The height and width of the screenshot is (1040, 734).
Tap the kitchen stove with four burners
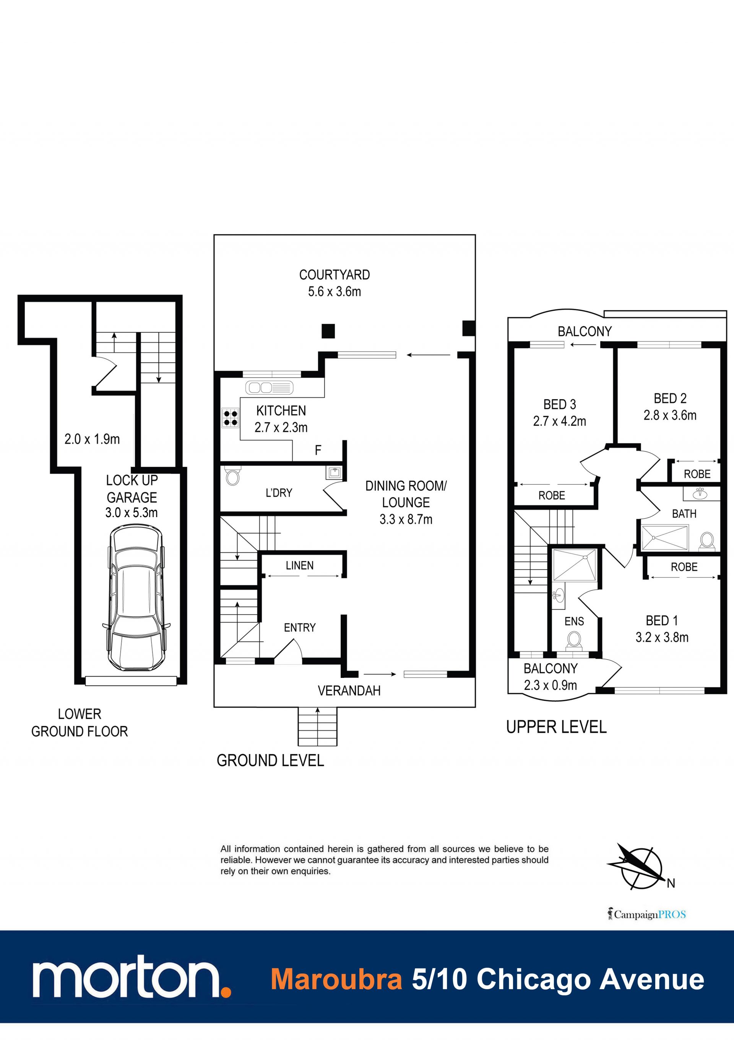click(x=231, y=418)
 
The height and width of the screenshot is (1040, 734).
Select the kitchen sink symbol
click(x=269, y=388)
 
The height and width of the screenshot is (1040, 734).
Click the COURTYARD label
click(x=335, y=275)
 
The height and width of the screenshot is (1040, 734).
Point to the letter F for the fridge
click(x=318, y=450)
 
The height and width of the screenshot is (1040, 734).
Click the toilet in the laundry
click(x=232, y=477)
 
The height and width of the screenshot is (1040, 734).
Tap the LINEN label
click(x=300, y=565)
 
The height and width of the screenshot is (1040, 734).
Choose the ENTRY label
click(x=300, y=627)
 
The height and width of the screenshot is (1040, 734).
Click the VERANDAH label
click(x=349, y=691)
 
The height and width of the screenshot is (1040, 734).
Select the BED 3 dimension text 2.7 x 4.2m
click(x=559, y=421)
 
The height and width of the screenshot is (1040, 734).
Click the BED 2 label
click(x=670, y=398)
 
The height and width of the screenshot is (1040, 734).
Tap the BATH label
click(x=684, y=514)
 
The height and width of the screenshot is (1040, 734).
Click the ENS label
click(x=574, y=622)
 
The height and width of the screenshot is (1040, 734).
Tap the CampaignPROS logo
click(x=647, y=914)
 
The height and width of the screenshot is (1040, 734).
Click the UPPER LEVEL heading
click(x=556, y=727)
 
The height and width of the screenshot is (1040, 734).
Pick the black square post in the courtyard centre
click(x=328, y=331)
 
